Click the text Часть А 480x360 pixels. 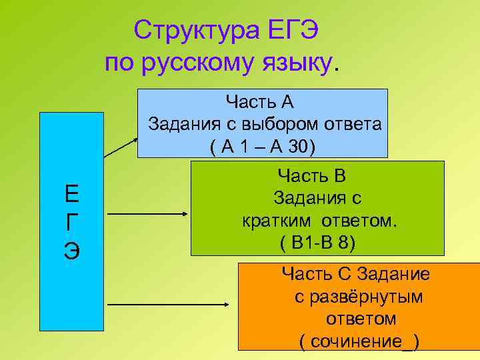[259, 103]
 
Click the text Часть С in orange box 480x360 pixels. [319, 273]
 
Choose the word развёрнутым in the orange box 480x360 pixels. [358, 296]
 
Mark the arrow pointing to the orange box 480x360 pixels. [168, 305]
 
